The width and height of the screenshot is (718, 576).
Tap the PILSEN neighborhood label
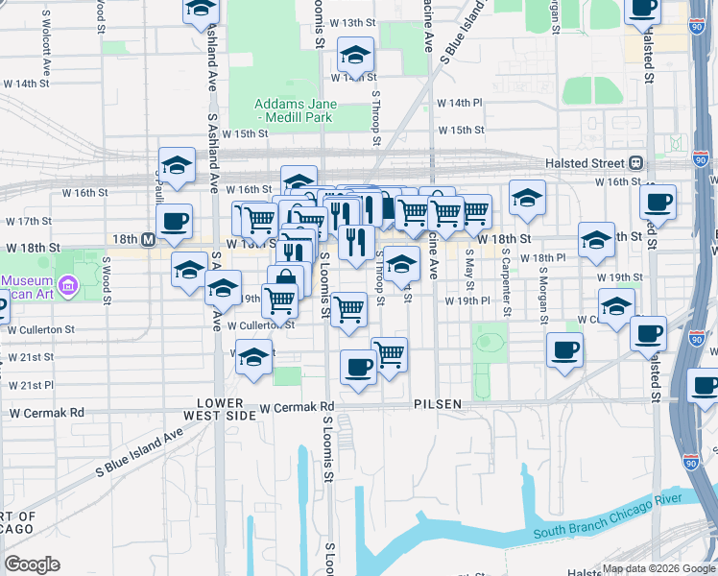pos(439,404)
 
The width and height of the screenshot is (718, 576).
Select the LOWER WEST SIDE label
pos(227,409)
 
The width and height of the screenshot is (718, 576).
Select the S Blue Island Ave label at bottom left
pos(139,451)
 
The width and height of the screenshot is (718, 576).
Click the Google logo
pos(33,564)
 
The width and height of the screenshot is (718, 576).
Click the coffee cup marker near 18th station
pos(174,221)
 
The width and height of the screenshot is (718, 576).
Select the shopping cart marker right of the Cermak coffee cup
pos(390,354)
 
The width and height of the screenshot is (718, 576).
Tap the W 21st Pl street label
pos(30,385)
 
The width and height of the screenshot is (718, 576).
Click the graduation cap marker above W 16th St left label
pos(177,166)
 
